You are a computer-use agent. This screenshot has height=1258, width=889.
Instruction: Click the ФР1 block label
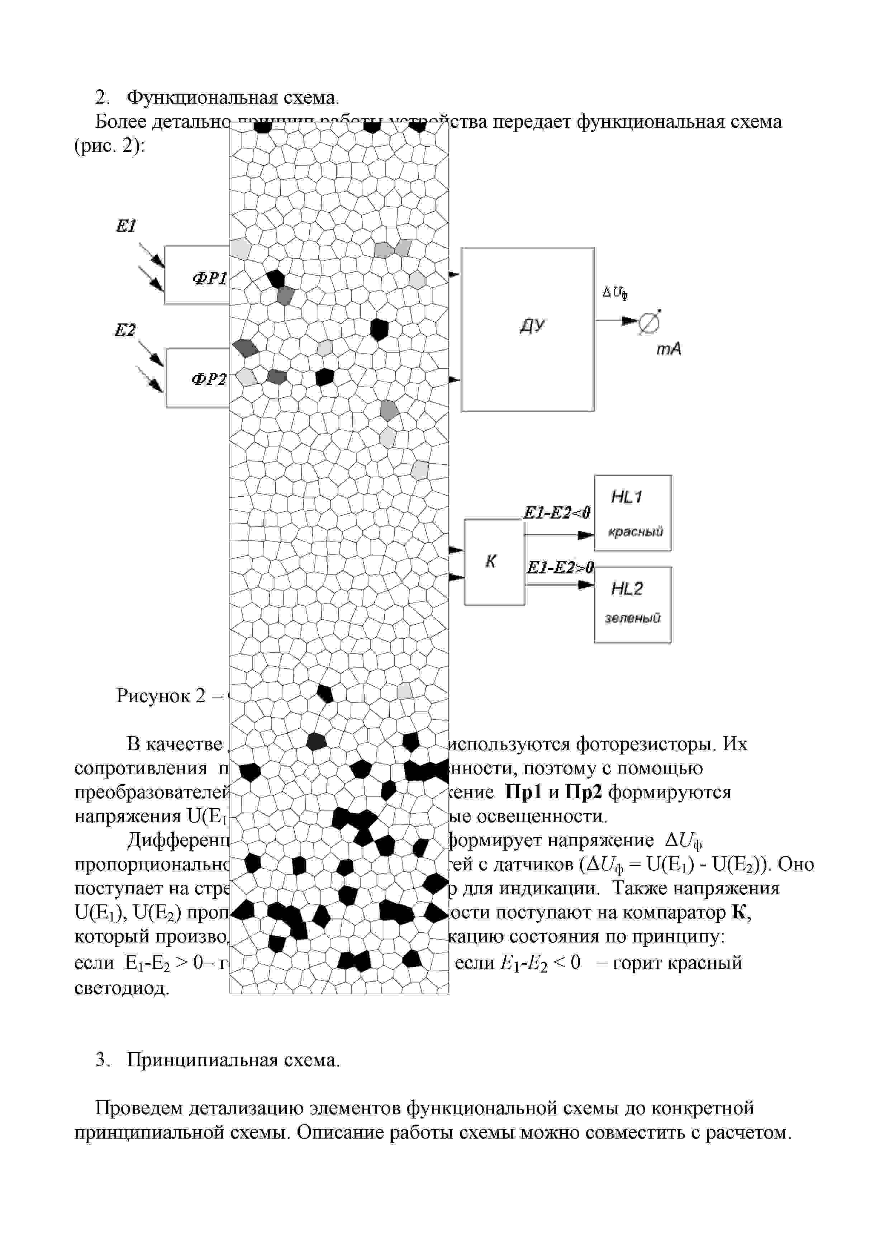click(x=209, y=279)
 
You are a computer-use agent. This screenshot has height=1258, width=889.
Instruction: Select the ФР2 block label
click(x=208, y=380)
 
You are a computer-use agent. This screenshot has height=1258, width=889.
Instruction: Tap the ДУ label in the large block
click(x=532, y=326)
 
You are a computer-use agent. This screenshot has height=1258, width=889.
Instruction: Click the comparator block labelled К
click(x=494, y=562)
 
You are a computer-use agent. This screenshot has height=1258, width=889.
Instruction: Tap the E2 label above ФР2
click(x=125, y=330)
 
